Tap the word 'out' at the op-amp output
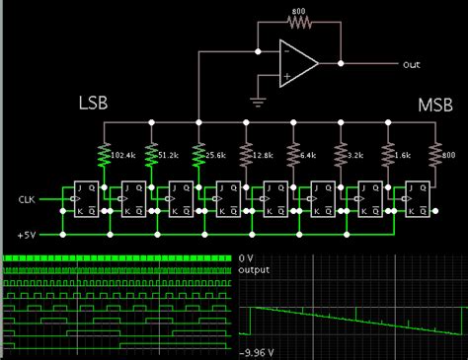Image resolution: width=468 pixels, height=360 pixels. coord(412,64)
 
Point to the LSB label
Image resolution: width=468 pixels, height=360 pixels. coord(93,103)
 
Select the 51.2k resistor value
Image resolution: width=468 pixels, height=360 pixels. coord(170,154)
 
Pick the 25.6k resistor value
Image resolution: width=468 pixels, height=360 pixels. coord(217,154)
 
